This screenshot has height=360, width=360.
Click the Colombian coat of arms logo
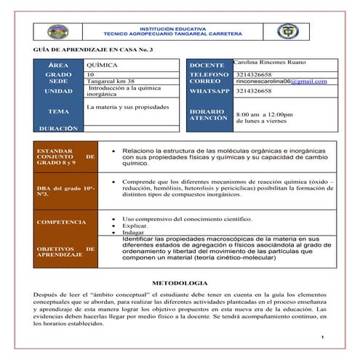point(287,31)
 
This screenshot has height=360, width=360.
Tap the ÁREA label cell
point(58,65)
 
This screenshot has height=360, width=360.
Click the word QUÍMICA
point(100,65)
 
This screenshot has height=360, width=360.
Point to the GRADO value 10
point(90,74)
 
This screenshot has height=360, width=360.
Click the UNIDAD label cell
point(58,92)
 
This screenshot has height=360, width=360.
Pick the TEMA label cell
point(58,111)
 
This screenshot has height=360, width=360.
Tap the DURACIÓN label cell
point(58,128)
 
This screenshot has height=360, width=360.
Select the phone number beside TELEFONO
point(254,74)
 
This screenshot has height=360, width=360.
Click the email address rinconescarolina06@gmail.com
point(281,81)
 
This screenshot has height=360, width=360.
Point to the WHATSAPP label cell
point(209,92)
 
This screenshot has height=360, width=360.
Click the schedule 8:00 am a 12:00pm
point(265,114)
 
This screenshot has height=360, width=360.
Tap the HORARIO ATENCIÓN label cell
point(209,115)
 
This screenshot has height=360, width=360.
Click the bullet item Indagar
point(133,232)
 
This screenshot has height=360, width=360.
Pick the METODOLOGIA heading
point(180,281)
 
